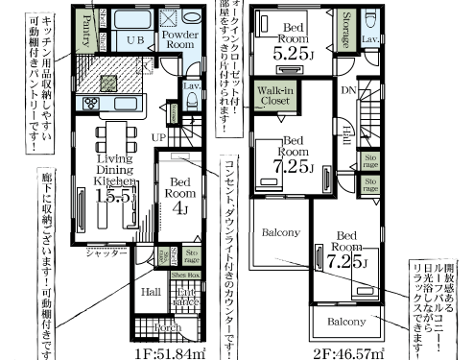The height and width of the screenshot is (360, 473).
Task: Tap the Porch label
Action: (x=168, y=326)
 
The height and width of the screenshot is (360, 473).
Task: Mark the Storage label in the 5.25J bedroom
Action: (x=343, y=32)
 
